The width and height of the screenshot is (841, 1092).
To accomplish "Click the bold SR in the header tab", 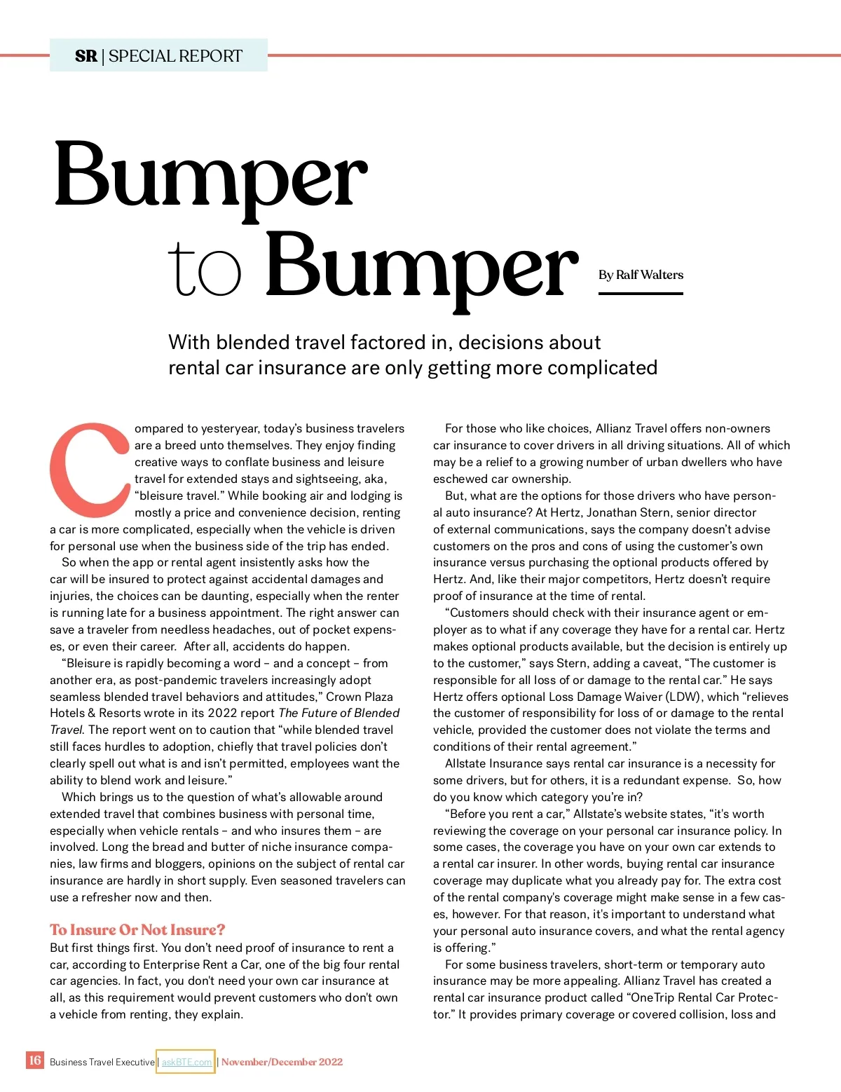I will pos(86,56).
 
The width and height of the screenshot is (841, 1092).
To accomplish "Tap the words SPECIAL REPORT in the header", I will pos(175,56).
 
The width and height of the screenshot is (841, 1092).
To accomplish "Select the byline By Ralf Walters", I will pos(641,275).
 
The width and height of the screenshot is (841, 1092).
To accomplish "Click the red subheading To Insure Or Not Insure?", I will pos(137,929).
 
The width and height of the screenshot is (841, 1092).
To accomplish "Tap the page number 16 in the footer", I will pos(34,1060).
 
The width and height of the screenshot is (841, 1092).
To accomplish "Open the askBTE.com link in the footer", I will pos(186,1062).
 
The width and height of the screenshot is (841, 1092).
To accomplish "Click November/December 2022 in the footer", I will pos(282,1062).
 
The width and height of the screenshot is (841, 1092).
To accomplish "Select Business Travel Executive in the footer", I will pos(102,1062).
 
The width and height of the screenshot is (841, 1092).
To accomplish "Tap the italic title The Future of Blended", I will pos(339,713).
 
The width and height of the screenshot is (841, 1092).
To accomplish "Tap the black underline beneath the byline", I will pos(641,294).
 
